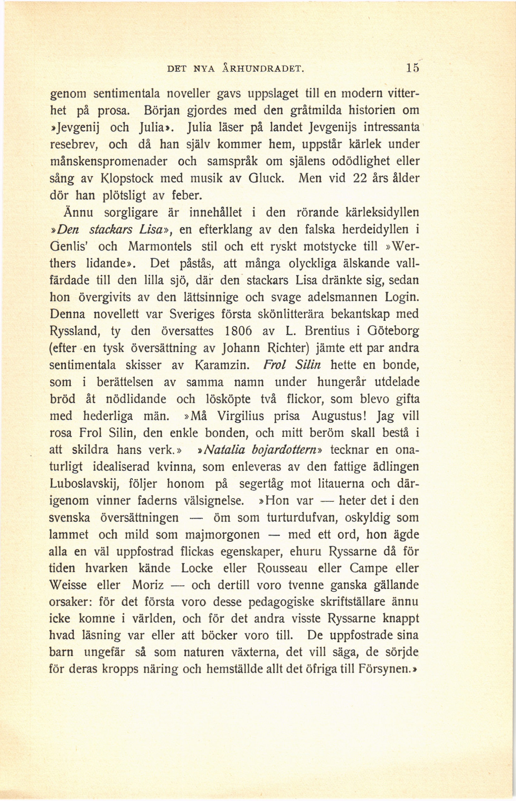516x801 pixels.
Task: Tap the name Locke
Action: point(197,568)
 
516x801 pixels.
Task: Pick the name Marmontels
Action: point(160,247)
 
